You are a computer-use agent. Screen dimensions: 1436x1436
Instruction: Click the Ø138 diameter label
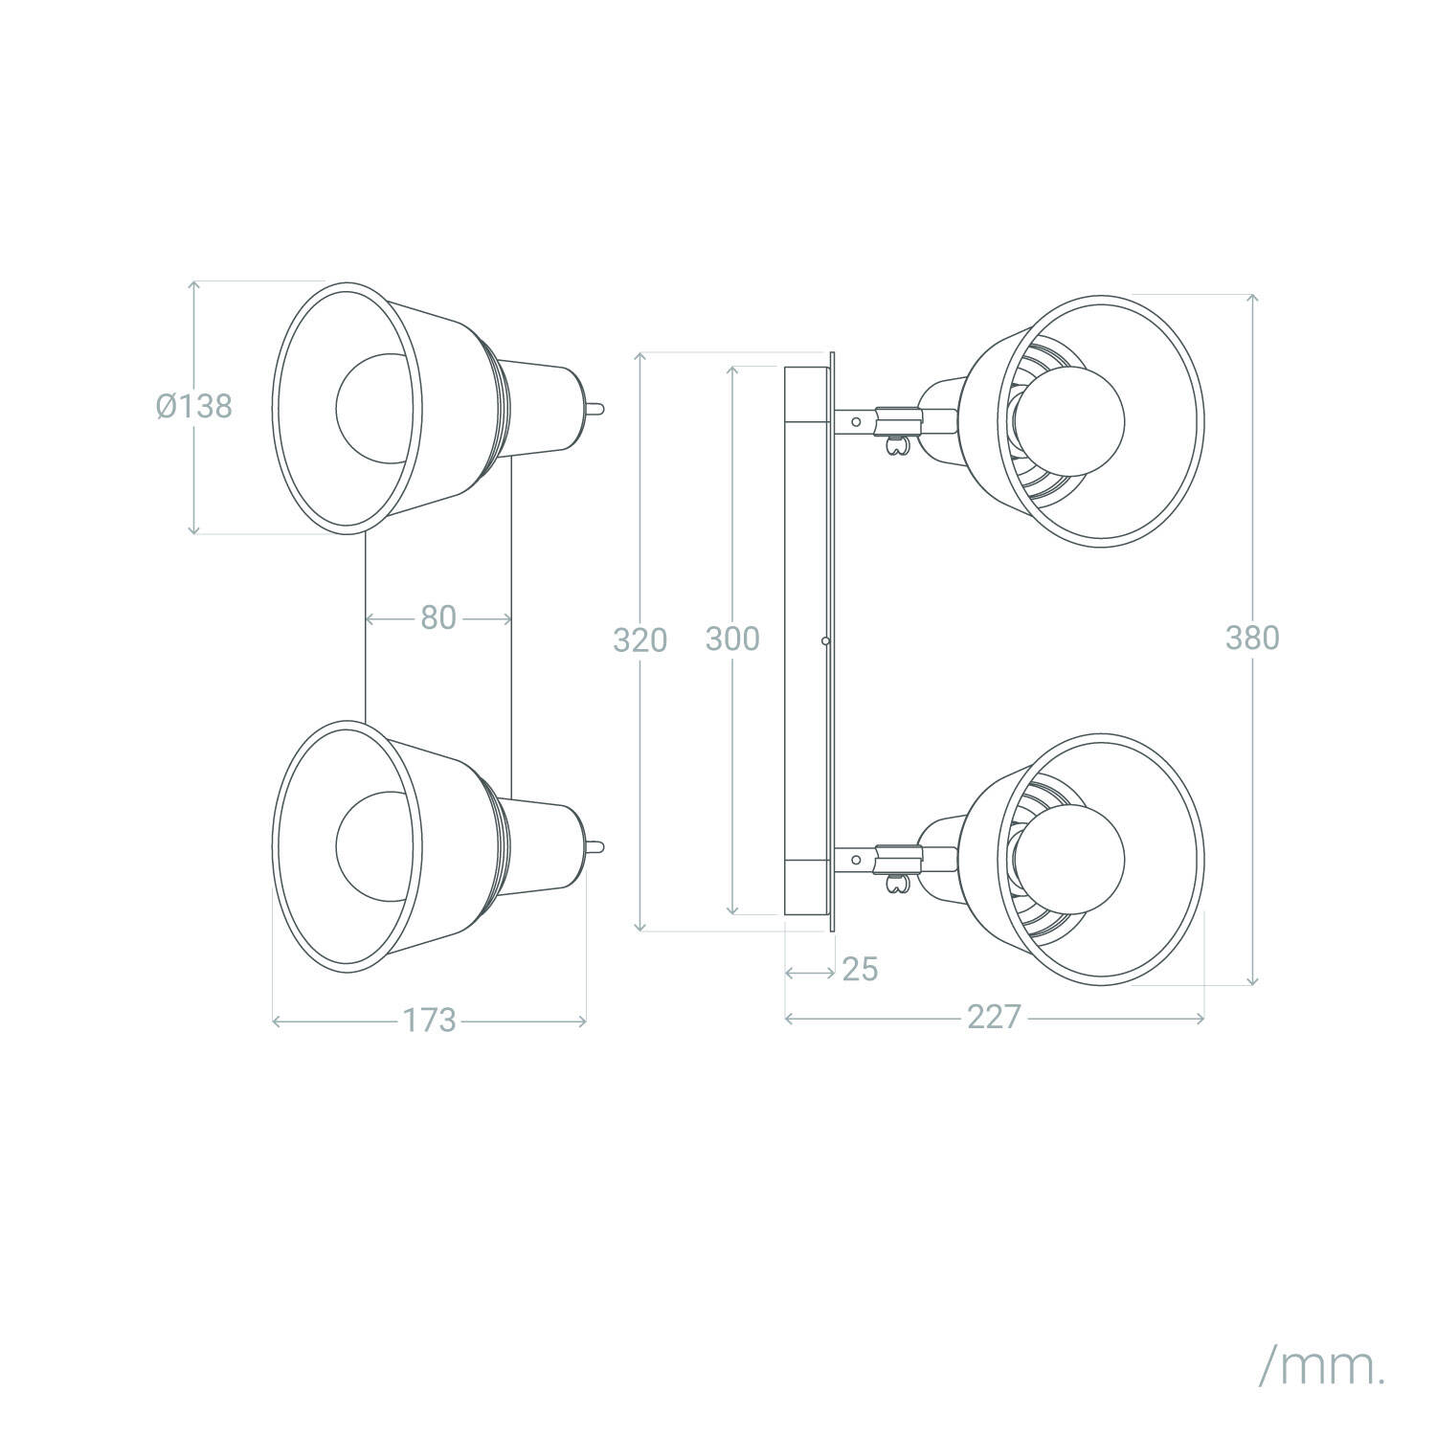tap(194, 406)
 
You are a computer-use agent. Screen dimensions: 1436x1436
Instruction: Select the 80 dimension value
tap(438, 618)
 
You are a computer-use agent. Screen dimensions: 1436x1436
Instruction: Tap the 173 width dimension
tap(429, 1021)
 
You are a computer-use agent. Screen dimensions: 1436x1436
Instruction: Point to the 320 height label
tap(639, 639)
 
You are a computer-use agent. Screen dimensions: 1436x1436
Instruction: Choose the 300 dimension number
tap(732, 639)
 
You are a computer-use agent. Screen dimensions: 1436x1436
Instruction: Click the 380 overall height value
tap(1252, 638)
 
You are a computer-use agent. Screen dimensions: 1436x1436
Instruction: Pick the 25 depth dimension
tap(860, 970)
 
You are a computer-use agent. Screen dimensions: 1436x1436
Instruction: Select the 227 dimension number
tap(994, 1017)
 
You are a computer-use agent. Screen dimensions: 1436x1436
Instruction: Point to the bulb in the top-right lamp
tap(1069, 421)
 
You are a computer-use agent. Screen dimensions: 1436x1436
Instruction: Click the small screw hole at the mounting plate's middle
tap(824, 639)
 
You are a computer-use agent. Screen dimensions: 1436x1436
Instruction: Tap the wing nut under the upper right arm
tap(898, 445)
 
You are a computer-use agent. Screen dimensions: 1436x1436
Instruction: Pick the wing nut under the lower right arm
tap(898, 883)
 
